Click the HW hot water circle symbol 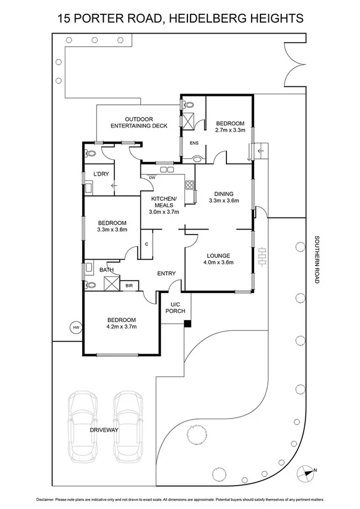(x=75, y=327)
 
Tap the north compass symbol (x=309, y=472)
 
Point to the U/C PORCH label (x=176, y=308)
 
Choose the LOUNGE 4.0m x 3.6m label (x=217, y=258)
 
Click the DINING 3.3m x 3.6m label (x=224, y=197)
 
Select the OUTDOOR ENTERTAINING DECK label (x=138, y=122)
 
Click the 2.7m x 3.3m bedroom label (x=230, y=126)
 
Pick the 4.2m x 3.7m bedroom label (x=122, y=323)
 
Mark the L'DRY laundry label (x=100, y=174)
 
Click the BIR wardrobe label (x=129, y=286)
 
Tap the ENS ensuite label (x=193, y=143)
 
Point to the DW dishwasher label (x=153, y=177)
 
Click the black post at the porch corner (x=187, y=324)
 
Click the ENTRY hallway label (x=166, y=274)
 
